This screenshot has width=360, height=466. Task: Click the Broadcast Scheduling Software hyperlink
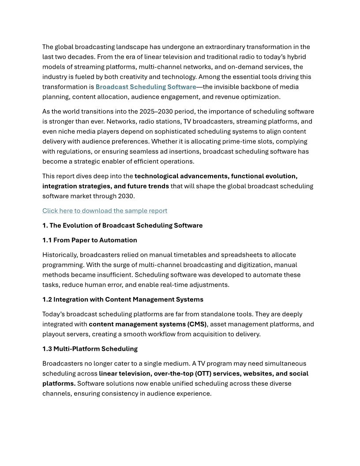click(146, 87)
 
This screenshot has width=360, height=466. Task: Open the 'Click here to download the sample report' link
click(105, 211)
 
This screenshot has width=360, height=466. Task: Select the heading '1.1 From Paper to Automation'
click(90, 241)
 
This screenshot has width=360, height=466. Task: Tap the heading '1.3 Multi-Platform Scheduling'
click(90, 349)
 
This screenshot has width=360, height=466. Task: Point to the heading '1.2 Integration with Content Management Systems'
click(123, 300)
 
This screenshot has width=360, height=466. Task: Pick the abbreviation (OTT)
click(200, 374)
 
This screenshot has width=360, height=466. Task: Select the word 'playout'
click(53, 334)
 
